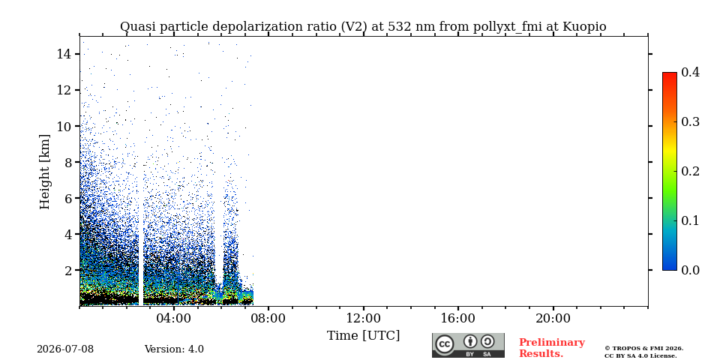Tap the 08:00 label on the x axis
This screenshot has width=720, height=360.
point(268,319)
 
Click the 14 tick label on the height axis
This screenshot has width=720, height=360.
point(63,54)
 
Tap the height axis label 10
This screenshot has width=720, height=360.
point(63,126)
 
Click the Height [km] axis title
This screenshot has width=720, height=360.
point(44,172)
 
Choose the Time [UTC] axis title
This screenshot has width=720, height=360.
point(363,336)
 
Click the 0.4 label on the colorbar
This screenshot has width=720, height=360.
point(690,72)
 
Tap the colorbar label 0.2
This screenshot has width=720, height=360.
point(690,171)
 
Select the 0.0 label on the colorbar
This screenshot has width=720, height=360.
point(690,270)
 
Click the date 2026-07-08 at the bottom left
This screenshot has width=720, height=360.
point(65,349)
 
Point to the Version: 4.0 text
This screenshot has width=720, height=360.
point(174,349)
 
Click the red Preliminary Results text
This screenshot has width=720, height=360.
point(552,348)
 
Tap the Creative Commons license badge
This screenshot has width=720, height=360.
point(468,345)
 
